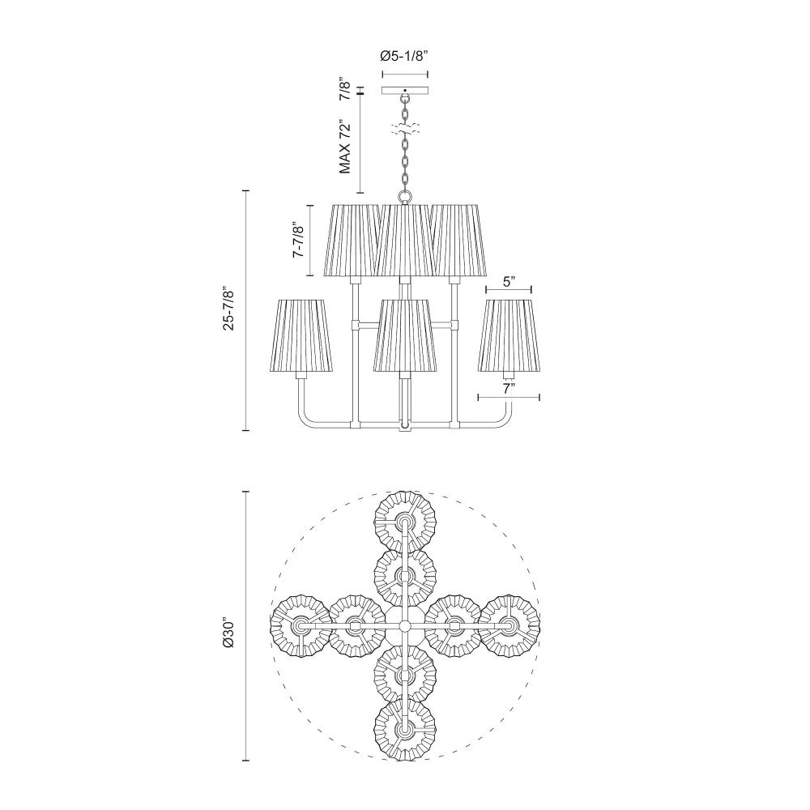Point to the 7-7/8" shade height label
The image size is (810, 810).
tap(298, 240)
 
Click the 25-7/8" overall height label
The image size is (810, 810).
tap(229, 309)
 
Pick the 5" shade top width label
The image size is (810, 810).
tap(509, 282)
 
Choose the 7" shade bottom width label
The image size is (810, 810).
tap(509, 390)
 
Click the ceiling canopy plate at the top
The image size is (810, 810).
tap(405, 91)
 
